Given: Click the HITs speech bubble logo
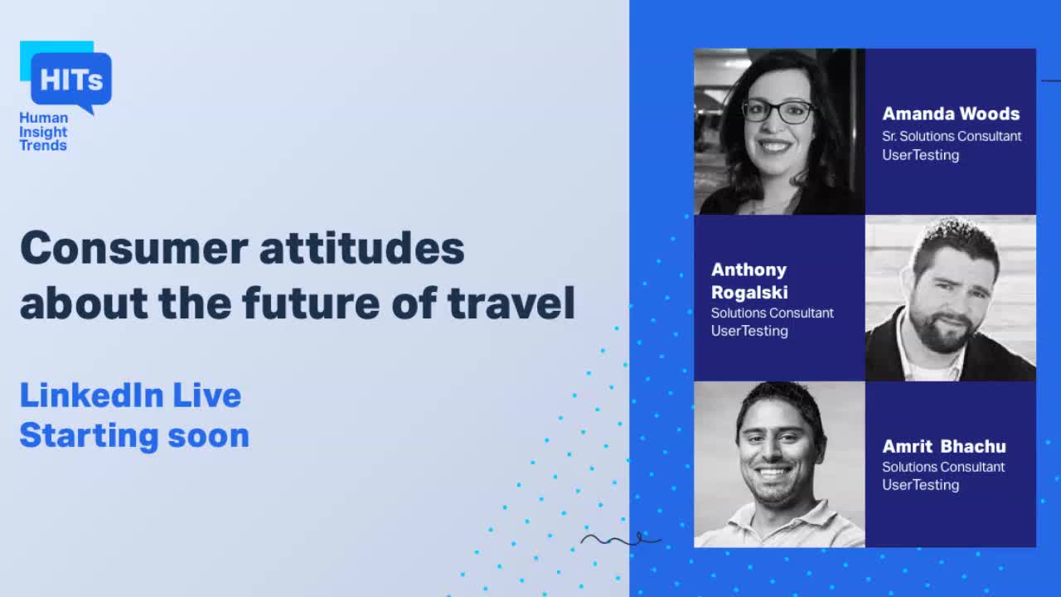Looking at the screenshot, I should pos(70,80).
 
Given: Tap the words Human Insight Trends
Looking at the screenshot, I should pos(44,132).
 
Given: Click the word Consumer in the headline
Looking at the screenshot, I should pos(133,248).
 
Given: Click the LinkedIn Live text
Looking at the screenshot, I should pos(130,396).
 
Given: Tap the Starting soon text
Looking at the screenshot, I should pos(134,435).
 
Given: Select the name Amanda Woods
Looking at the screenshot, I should pos(951,114).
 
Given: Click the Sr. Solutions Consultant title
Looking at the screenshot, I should pos(952,136).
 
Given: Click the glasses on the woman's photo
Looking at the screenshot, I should pos(778,111).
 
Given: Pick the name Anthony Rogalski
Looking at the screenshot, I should pos(749,281).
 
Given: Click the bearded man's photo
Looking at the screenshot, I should pos(951,298).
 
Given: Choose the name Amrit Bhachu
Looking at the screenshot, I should pos(943,446).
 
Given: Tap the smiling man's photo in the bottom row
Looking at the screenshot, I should pos(779,464).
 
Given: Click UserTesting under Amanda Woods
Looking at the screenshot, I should pos(920,155).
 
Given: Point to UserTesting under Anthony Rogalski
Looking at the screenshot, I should pos(749,331).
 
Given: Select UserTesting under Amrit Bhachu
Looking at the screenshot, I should pos(920,485).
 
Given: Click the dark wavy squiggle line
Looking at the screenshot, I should pos(621,541).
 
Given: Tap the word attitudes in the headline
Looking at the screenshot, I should pos(361,248).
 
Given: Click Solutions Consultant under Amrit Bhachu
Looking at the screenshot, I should pos(943,467).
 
